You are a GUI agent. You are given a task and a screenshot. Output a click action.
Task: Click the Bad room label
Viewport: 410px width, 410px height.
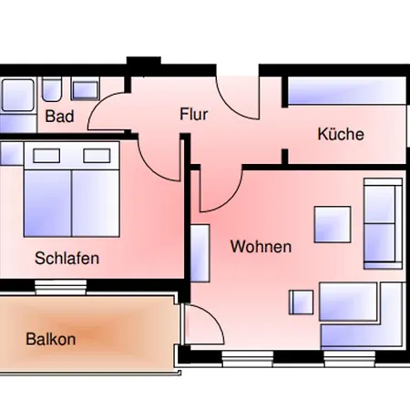point(59,117)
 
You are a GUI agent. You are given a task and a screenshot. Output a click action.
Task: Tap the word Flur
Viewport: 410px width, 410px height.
point(194,114)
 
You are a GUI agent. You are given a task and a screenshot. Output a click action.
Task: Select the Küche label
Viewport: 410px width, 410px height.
point(341,134)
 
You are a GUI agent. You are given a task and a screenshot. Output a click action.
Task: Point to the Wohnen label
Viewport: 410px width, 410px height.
point(261,246)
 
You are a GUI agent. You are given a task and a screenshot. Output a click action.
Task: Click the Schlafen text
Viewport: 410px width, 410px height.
point(67,258)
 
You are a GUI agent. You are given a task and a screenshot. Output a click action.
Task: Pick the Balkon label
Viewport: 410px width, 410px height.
point(51,339)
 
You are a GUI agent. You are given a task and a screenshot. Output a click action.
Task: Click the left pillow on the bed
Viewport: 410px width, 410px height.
point(46,156)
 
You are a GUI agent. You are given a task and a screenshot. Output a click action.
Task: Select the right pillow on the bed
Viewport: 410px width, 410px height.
point(97,156)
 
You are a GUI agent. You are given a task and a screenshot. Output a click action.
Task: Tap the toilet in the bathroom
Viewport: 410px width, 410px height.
point(52,89)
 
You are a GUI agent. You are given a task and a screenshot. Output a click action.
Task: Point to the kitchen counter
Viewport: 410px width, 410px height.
point(346,91)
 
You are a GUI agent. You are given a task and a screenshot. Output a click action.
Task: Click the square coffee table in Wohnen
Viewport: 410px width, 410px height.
point(333,224)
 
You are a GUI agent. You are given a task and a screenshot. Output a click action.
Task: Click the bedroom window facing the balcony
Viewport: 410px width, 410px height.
point(60,287)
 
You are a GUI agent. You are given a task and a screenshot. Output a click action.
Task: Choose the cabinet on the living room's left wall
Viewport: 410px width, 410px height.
point(200,253)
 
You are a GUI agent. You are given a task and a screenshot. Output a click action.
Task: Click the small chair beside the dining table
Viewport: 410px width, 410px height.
point(301,302)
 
